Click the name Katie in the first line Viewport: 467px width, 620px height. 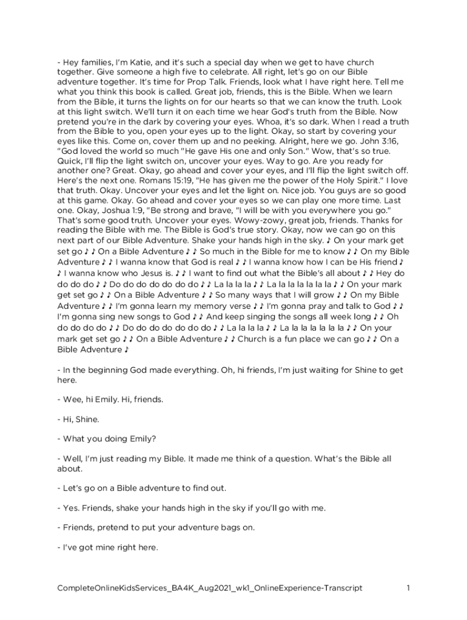pos(144,62)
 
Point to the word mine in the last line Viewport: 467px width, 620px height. pos(96,547)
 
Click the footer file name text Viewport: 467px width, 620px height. pos(210,588)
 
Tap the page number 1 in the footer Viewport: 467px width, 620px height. pos(409,588)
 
